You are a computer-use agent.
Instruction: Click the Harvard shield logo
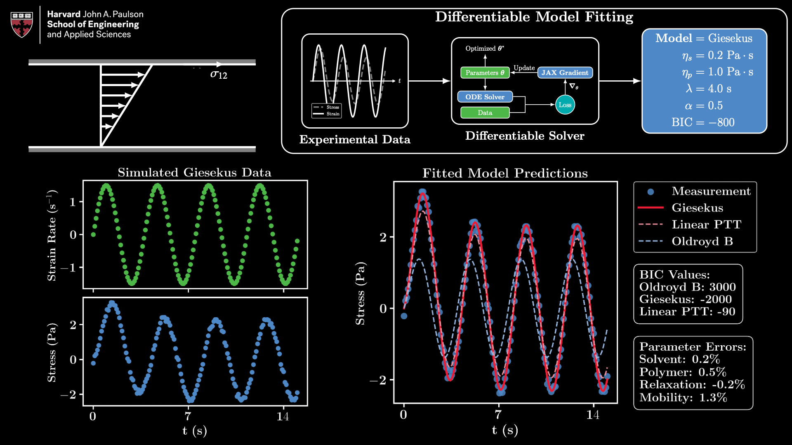(x=21, y=24)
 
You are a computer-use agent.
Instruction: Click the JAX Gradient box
(x=565, y=73)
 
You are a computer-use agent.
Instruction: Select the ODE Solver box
(x=485, y=97)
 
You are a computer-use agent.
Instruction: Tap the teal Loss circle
(x=565, y=105)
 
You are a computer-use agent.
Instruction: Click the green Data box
(x=485, y=112)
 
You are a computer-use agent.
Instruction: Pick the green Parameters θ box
(x=485, y=73)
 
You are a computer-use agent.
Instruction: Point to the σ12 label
(x=219, y=75)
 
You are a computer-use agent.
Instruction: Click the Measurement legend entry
(x=694, y=191)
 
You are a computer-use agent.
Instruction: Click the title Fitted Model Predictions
(x=505, y=173)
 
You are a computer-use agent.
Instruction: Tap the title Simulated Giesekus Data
(x=195, y=172)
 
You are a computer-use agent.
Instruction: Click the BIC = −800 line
(x=703, y=122)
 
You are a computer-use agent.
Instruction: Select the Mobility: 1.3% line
(x=683, y=397)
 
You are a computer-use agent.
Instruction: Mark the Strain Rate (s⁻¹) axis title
(x=52, y=235)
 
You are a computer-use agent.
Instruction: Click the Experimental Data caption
(x=355, y=139)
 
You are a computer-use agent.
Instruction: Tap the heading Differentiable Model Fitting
(x=534, y=17)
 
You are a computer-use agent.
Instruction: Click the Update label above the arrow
(x=524, y=68)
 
